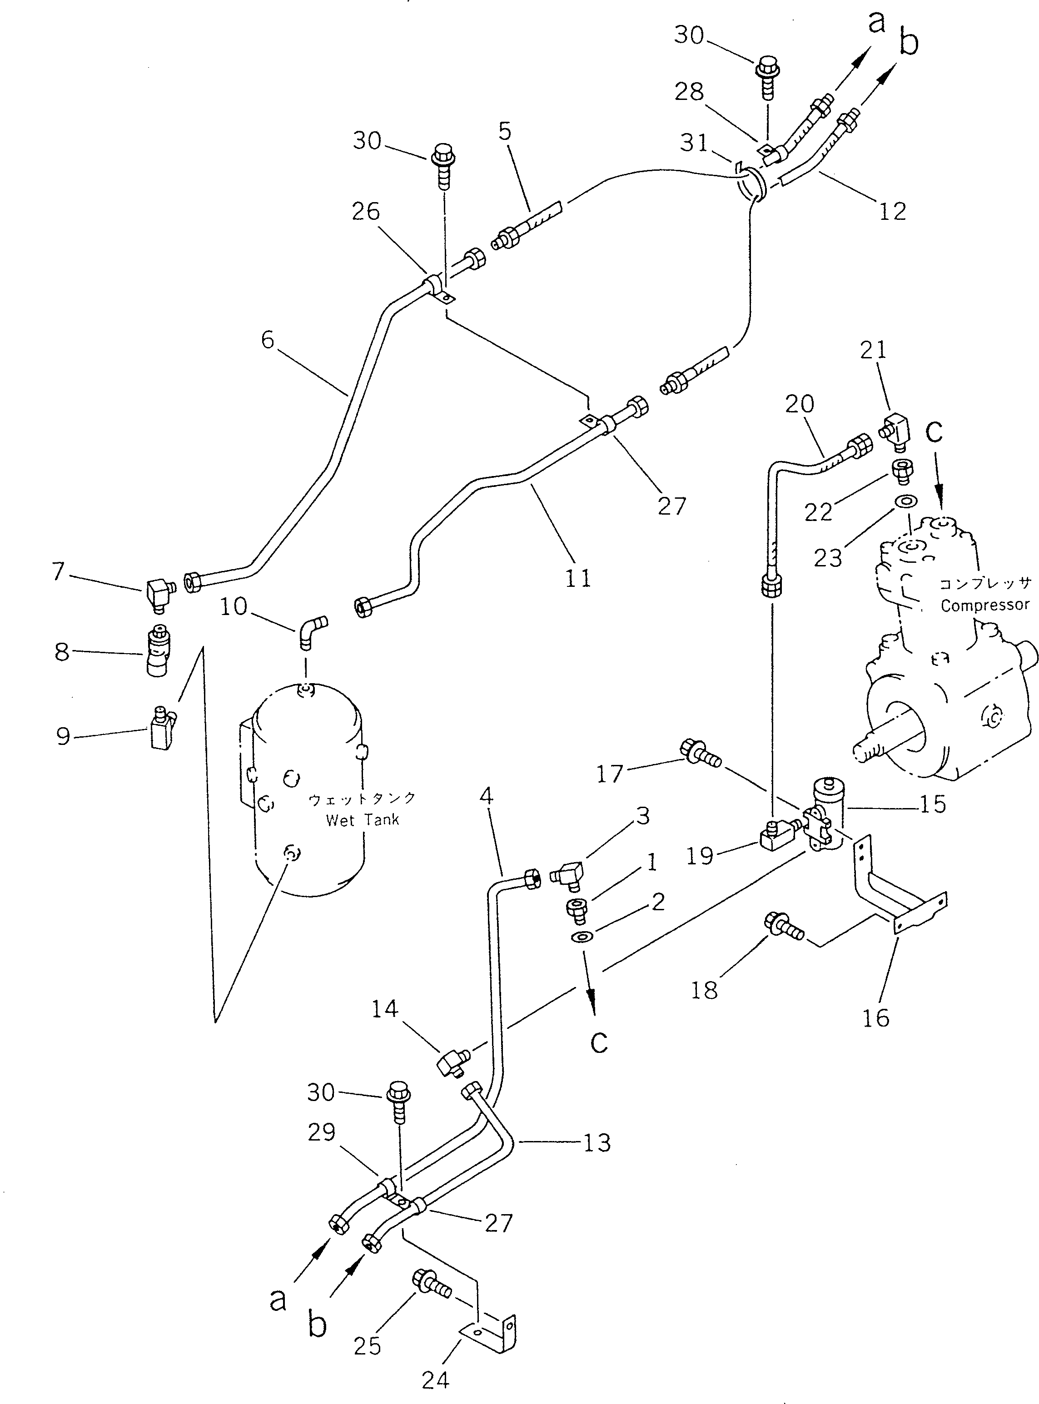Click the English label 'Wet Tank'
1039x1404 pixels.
362,820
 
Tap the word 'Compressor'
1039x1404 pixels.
984,605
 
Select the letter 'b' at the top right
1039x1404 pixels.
908,41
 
